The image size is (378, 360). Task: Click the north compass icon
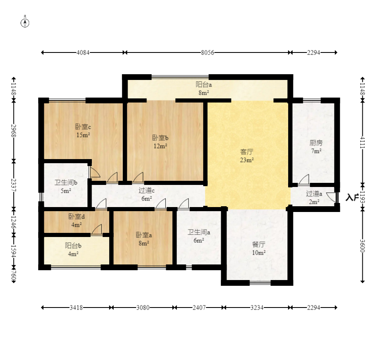tap(25, 22)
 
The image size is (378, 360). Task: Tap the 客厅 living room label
tap(246, 152)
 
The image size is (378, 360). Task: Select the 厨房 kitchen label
tap(316, 143)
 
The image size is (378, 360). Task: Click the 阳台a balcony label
tap(203, 85)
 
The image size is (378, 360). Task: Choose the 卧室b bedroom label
tap(160, 138)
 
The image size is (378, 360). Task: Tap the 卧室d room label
tap(77, 216)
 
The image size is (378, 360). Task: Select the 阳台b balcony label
tap(73, 246)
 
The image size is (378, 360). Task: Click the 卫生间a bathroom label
tap(199, 232)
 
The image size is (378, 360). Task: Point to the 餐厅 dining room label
tap(259, 244)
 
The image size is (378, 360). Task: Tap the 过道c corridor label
tap(146, 190)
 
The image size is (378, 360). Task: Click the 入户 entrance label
tap(352, 198)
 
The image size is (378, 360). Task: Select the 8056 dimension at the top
tap(207, 52)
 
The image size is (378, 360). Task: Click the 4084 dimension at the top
tap(83, 52)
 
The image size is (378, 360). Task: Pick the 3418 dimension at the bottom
tap(76, 308)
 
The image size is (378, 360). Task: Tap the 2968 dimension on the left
tap(14, 130)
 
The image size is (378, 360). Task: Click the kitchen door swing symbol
tap(304, 180)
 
